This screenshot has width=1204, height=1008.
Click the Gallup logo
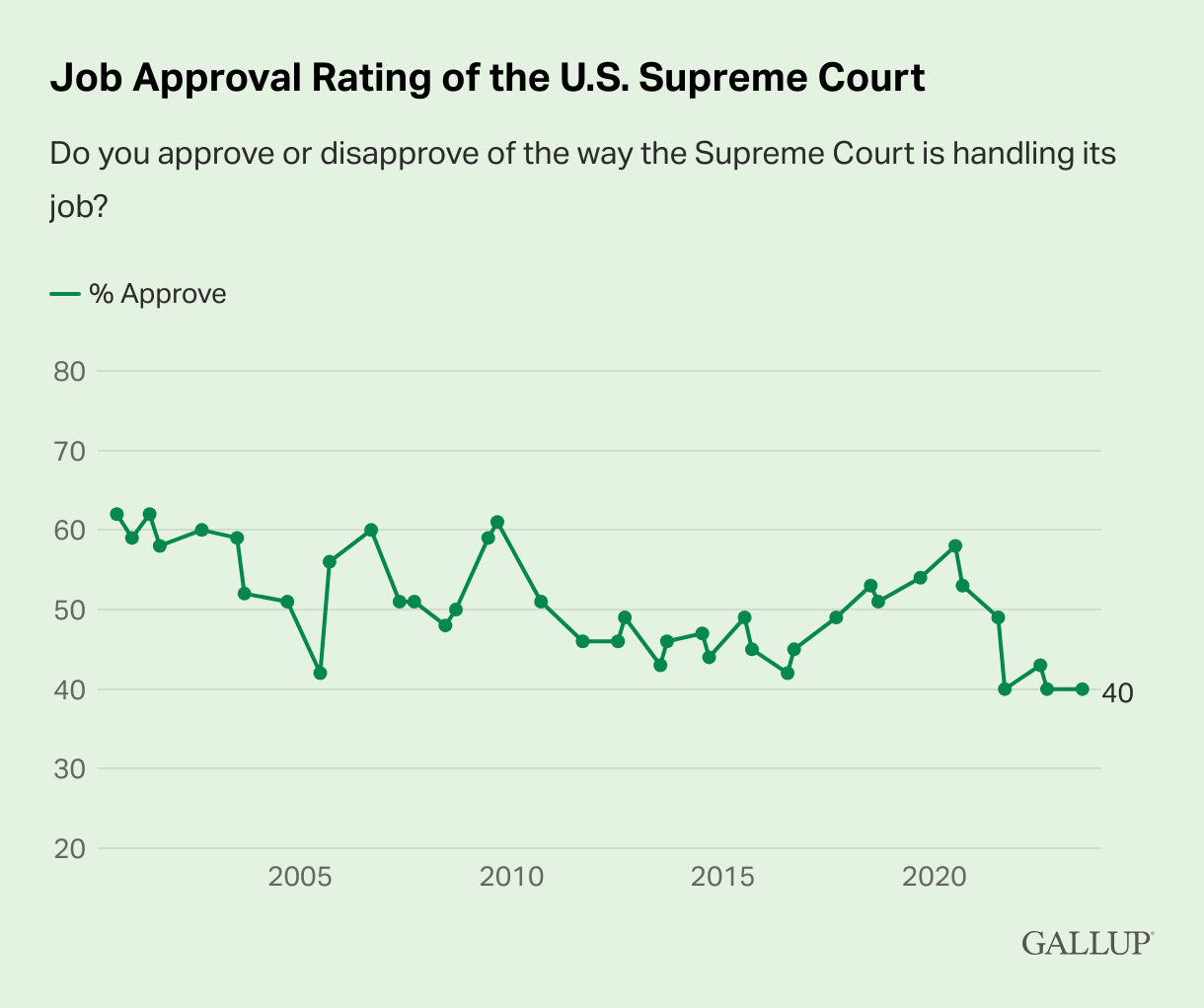pyautogui.click(x=1087, y=942)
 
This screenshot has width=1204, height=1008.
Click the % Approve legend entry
pyautogui.click(x=138, y=294)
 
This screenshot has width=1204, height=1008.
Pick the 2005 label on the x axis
pyautogui.click(x=299, y=877)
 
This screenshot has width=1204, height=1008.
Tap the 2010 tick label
pyautogui.click(x=511, y=877)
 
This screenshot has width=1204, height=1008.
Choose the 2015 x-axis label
pyautogui.click(x=723, y=877)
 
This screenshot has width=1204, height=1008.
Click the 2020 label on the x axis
pyautogui.click(x=934, y=877)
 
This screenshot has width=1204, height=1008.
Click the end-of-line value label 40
pyautogui.click(x=1117, y=693)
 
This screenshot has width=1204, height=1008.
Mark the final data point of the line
pyautogui.click(x=1082, y=689)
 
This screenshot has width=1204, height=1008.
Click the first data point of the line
pyautogui.click(x=116, y=514)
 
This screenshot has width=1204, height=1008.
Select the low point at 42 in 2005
pyautogui.click(x=320, y=673)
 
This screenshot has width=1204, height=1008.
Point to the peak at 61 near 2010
pyautogui.click(x=497, y=522)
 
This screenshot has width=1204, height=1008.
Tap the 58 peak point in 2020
pyautogui.click(x=955, y=545)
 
